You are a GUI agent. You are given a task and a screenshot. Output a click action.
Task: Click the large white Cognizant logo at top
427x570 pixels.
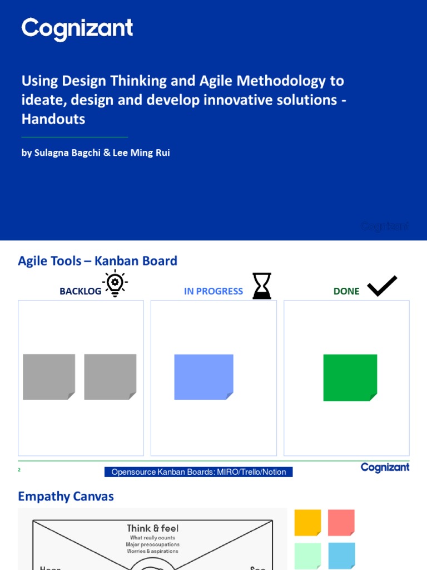point(77,30)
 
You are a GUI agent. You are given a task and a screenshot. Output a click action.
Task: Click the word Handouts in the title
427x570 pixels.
point(53,119)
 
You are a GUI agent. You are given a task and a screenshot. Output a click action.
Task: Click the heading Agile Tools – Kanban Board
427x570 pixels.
point(97,261)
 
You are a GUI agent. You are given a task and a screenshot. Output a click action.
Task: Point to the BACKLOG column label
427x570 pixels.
point(81,291)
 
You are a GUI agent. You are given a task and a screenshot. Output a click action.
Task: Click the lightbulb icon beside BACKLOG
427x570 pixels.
point(115,283)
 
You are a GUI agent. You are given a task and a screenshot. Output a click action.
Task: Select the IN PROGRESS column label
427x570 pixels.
point(213,291)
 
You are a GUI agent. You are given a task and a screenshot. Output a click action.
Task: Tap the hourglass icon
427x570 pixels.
point(262,286)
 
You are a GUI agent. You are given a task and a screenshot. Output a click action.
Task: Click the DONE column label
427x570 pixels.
point(346,291)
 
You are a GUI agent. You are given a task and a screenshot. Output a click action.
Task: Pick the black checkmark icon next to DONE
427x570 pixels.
point(382,286)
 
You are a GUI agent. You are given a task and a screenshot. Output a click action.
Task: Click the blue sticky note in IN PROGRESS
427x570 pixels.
point(203,377)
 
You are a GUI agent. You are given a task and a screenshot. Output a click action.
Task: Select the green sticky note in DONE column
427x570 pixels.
point(350,377)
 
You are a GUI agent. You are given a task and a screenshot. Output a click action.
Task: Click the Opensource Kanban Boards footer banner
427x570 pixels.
point(198,472)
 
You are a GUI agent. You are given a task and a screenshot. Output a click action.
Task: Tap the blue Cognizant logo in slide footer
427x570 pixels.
point(385,468)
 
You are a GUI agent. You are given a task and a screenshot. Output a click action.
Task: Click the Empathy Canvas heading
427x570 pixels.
point(66,497)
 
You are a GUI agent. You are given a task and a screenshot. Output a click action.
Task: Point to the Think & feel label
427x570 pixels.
point(152,528)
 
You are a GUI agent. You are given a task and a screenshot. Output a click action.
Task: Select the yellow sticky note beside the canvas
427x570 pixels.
point(307,523)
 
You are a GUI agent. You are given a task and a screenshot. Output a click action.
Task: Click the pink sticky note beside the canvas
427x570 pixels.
point(341,523)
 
